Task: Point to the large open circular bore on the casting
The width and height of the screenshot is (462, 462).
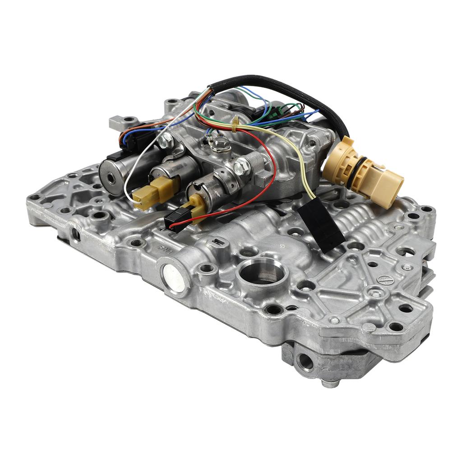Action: [261, 273]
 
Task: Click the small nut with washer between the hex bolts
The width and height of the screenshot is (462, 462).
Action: [221, 143]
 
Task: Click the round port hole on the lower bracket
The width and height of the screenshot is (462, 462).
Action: [306, 361]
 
